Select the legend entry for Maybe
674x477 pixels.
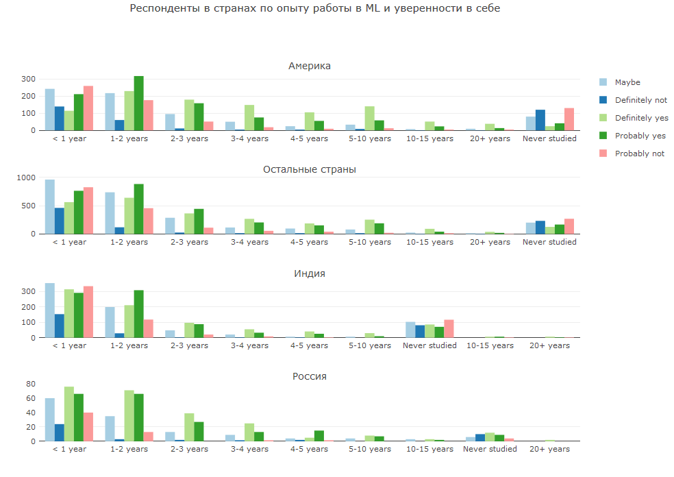[627, 82]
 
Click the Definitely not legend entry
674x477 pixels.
[640, 100]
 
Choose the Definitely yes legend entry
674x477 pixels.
[641, 118]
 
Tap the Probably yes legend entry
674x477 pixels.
[640, 136]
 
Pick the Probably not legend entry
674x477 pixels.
[639, 154]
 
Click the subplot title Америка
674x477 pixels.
[310, 66]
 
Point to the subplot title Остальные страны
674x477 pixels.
[310, 169]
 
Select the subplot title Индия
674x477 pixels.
[310, 273]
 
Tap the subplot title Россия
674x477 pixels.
[310, 376]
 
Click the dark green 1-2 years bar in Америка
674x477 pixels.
[138, 103]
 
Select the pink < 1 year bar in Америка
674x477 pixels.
[88, 108]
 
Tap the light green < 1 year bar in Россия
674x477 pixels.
[69, 414]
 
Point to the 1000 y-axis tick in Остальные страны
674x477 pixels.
[25, 178]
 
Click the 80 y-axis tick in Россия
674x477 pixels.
[29, 384]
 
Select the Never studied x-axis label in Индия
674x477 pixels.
[429, 345]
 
